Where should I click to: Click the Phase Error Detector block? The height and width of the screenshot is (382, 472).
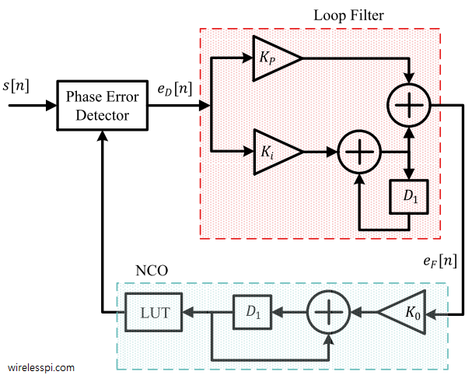click(101, 105)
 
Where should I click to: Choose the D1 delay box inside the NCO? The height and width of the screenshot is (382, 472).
click(250, 314)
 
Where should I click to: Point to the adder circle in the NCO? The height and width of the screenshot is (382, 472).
click(329, 314)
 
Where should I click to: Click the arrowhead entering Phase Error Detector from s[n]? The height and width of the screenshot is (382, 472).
click(51, 105)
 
